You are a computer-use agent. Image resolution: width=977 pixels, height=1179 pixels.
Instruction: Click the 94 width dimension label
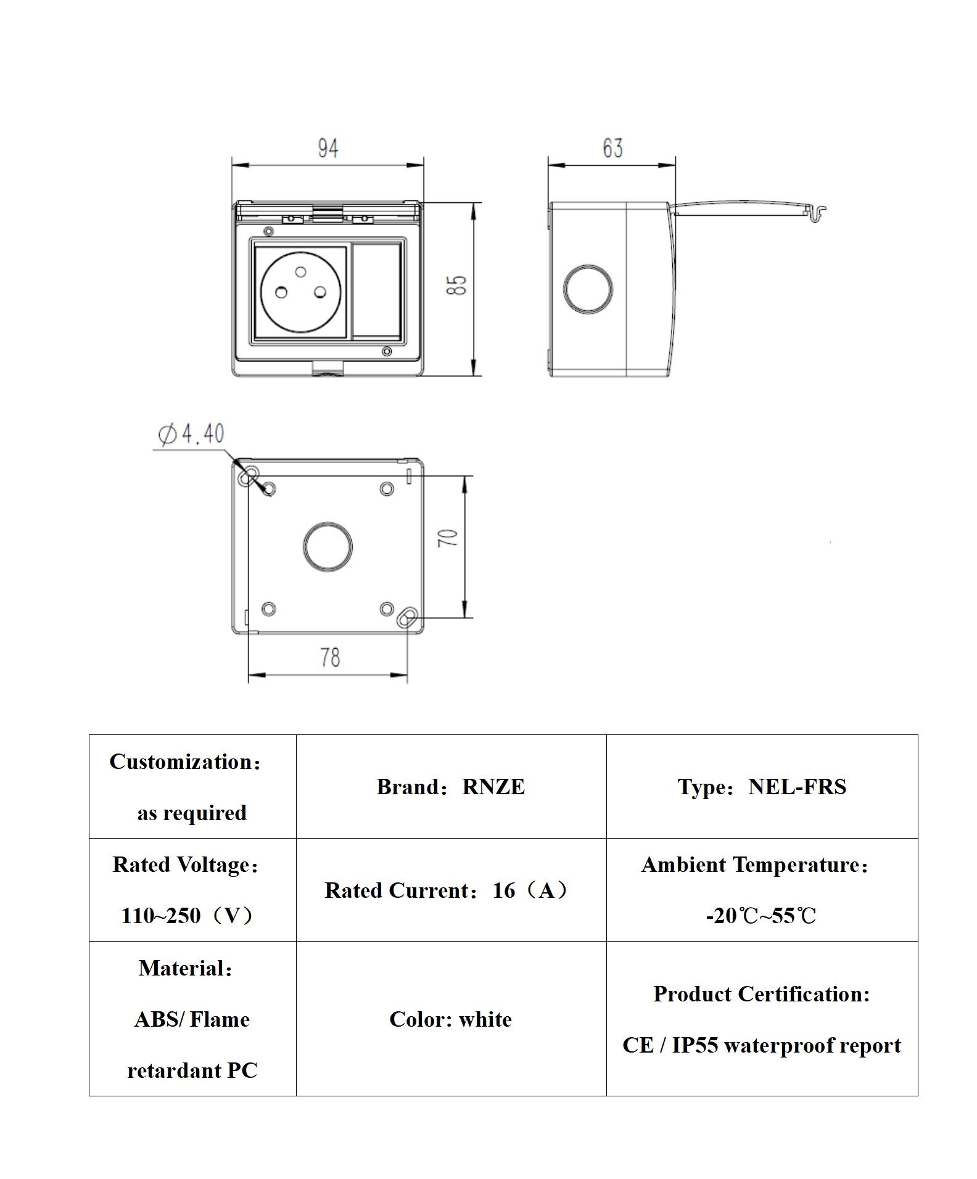tap(328, 149)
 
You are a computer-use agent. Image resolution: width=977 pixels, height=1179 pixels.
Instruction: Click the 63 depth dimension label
tap(612, 148)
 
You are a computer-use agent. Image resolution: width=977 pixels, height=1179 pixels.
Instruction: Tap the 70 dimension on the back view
tap(448, 538)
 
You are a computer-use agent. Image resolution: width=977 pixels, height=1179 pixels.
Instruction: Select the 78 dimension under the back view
tap(330, 657)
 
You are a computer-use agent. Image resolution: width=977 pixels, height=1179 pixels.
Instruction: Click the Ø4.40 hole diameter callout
tap(192, 434)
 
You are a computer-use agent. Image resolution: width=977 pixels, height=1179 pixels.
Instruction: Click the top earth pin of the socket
tap(301, 271)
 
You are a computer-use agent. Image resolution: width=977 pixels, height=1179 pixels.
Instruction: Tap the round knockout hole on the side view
tap(588, 289)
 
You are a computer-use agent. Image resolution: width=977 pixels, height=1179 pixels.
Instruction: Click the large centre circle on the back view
tap(328, 546)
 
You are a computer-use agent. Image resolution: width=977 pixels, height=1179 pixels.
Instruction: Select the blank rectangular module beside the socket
tap(376, 290)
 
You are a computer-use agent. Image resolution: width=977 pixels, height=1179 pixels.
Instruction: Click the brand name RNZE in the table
tap(493, 787)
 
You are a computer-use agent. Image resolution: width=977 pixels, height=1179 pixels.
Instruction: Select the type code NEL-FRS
tap(797, 787)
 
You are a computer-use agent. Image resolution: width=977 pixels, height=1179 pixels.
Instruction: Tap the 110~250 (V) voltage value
tap(187, 916)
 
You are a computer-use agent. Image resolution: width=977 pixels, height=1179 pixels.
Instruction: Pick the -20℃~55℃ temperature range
tap(761, 916)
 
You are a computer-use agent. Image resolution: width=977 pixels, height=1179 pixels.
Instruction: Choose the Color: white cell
tap(450, 1019)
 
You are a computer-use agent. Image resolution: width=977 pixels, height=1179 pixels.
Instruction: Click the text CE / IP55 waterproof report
tap(761, 1045)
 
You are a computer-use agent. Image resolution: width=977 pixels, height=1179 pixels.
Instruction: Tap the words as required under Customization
tap(192, 813)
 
